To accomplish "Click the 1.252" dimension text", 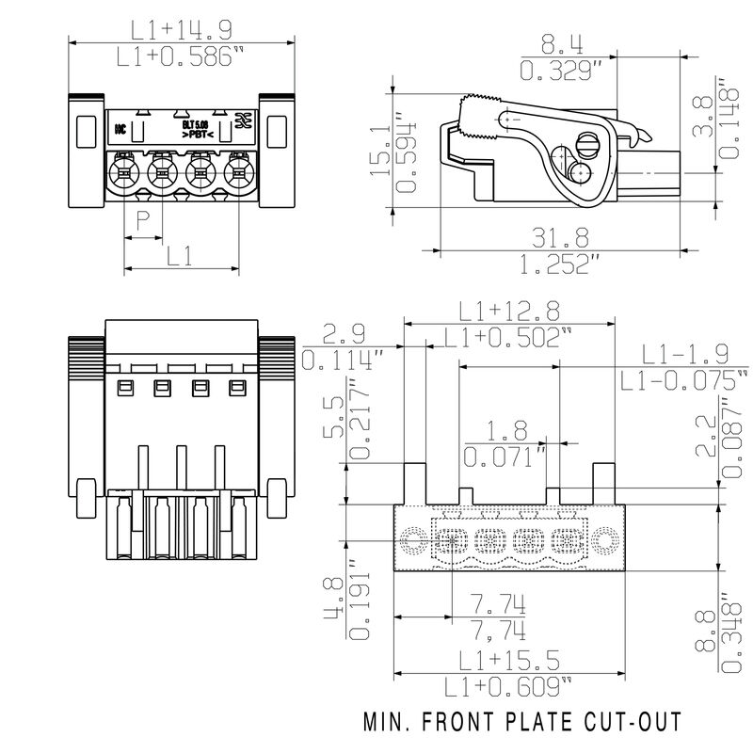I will [561, 264].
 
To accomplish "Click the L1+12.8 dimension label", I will [509, 310].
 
